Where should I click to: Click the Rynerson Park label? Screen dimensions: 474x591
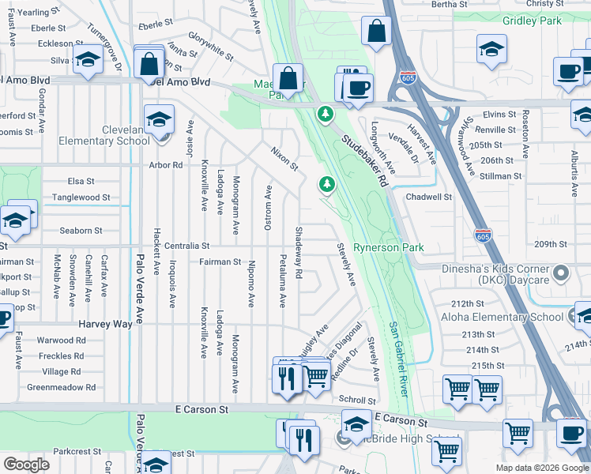pyautogui.click(x=388, y=247)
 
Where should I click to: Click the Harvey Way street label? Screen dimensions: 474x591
pyautogui.click(x=104, y=324)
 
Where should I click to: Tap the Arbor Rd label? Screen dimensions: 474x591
pyautogui.click(x=166, y=165)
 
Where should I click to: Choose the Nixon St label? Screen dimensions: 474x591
pyautogui.click(x=284, y=158)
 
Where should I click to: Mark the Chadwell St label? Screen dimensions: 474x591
pyautogui.click(x=428, y=197)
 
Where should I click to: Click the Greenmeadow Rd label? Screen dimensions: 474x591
pyautogui.click(x=61, y=387)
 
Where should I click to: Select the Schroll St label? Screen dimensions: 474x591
pyautogui.click(x=357, y=400)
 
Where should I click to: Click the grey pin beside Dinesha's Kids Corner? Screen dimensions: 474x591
pyautogui.click(x=562, y=274)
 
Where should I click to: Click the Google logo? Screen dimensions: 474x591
pyautogui.click(x=27, y=465)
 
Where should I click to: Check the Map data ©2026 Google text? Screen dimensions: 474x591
pyautogui.click(x=541, y=468)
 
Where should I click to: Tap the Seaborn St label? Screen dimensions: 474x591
pyautogui.click(x=81, y=231)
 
